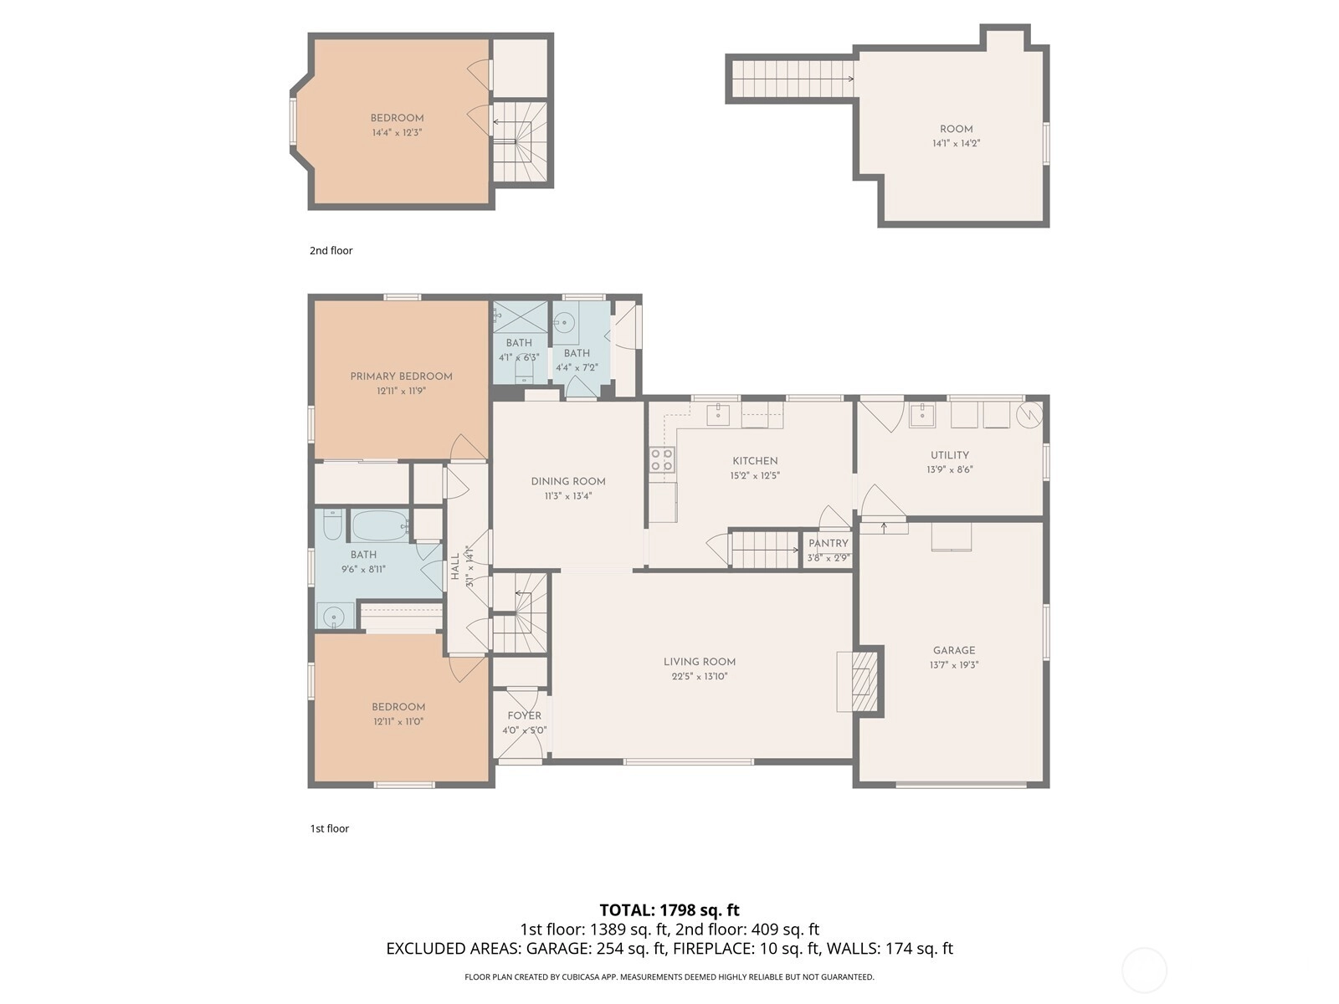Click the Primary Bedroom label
click(x=401, y=376)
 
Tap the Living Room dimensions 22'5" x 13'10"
click(x=699, y=676)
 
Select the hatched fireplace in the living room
click(x=864, y=681)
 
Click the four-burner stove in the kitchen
click(x=662, y=459)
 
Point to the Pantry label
click(x=828, y=543)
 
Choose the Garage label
click(x=953, y=650)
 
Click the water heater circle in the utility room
click(x=1029, y=414)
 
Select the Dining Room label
click(x=568, y=482)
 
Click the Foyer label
click(x=524, y=715)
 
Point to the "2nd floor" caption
click(x=331, y=250)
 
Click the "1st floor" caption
click(x=330, y=828)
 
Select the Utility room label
click(x=949, y=455)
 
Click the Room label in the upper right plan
click(x=956, y=129)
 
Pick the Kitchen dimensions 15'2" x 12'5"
click(x=755, y=475)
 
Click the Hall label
click(x=454, y=566)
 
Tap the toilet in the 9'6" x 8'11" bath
click(x=332, y=525)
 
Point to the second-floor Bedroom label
click(x=398, y=118)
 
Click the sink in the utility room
click(x=921, y=414)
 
